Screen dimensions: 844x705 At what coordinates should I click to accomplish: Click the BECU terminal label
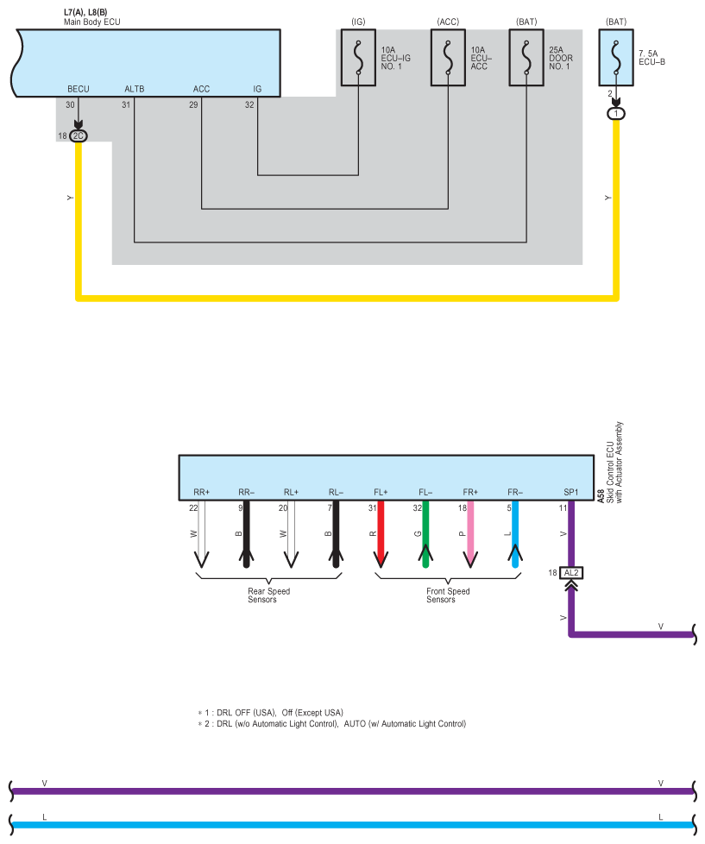pos(79,89)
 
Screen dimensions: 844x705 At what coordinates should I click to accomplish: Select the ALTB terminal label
pos(135,89)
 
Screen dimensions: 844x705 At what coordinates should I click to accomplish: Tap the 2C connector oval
pos(79,135)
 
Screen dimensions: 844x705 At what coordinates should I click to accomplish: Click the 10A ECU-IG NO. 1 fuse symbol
pos(358,60)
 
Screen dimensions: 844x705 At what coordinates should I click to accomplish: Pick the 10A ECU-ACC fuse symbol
pos(449,60)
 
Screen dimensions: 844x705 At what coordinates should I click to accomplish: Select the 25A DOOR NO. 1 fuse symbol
pos(526,60)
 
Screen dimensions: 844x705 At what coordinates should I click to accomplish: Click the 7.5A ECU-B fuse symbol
pos(616,60)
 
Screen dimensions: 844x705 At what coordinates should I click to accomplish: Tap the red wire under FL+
pos(381,535)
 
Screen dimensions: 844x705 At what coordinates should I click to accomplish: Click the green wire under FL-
pos(425,535)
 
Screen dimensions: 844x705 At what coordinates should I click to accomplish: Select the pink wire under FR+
pos(470,535)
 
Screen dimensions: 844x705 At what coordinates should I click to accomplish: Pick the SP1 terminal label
pos(571,492)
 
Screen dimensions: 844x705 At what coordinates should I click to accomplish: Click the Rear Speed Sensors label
pos(268,595)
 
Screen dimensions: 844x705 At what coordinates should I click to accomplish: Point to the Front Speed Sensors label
pos(448,595)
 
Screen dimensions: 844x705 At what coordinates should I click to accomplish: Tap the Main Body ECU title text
pos(92,20)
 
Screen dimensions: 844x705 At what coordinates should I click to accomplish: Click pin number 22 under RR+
pos(194,508)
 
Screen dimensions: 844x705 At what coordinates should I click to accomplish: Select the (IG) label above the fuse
pos(358,20)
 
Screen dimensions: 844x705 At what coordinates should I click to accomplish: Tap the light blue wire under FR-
pos(515,535)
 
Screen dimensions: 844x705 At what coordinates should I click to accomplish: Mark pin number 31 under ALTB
pos(126,105)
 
